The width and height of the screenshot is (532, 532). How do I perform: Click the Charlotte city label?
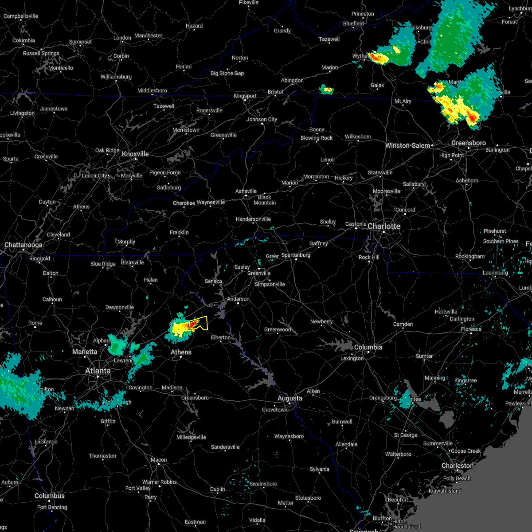(384, 226)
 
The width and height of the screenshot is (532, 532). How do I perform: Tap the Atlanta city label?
(98, 371)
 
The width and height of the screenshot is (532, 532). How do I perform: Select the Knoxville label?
(135, 154)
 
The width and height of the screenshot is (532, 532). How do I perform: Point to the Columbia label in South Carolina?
(368, 347)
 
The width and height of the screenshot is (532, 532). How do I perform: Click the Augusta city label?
(290, 398)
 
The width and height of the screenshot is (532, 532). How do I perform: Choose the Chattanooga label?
(23, 245)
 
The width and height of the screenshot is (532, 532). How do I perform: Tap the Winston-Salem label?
(408, 145)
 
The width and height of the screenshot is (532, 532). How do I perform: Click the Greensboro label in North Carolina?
(469, 143)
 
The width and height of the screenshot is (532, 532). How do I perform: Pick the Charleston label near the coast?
(458, 465)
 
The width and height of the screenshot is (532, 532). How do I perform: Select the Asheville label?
(246, 191)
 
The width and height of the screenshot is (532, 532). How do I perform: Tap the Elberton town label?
(221, 337)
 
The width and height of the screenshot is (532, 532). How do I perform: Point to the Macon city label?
(159, 460)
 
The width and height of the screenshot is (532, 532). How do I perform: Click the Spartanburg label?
(296, 255)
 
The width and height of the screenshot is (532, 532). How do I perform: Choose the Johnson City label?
(262, 119)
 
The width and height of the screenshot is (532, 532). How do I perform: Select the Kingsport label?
(245, 96)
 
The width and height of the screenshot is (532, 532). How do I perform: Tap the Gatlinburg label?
(168, 188)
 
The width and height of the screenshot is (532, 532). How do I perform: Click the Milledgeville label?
(192, 437)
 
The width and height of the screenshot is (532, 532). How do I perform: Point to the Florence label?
(471, 329)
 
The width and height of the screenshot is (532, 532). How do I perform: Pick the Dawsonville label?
(120, 307)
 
